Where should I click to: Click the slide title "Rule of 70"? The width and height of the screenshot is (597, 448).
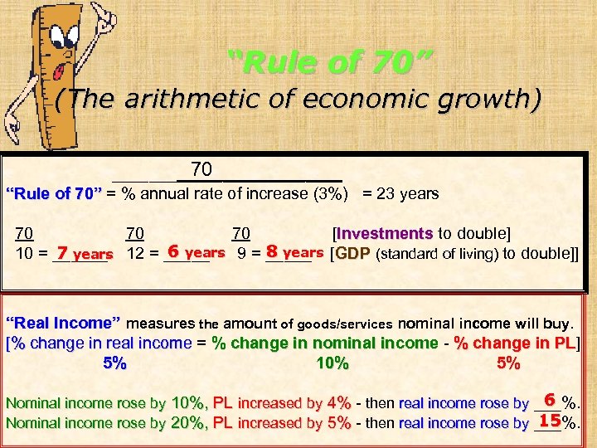pyautogui.click(x=330, y=60)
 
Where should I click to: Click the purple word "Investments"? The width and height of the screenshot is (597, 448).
pyautogui.click(x=386, y=233)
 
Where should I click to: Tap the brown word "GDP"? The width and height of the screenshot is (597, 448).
pyautogui.click(x=352, y=253)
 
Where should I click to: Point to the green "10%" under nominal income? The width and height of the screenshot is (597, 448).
pyautogui.click(x=332, y=363)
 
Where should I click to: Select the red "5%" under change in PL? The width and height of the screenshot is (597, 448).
pyautogui.click(x=507, y=363)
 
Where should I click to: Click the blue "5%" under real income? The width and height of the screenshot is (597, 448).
pyautogui.click(x=114, y=363)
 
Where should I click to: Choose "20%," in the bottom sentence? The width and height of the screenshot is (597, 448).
pyautogui.click(x=190, y=422)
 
